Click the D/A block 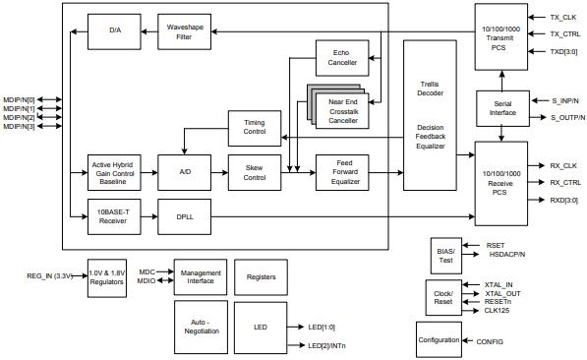point(114,30)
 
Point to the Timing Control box point(255,126)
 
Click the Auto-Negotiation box point(200,327)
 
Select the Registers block point(261,277)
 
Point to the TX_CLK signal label point(562,17)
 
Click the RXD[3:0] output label point(563,200)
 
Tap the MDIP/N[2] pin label point(19,117)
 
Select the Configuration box point(439,339)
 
